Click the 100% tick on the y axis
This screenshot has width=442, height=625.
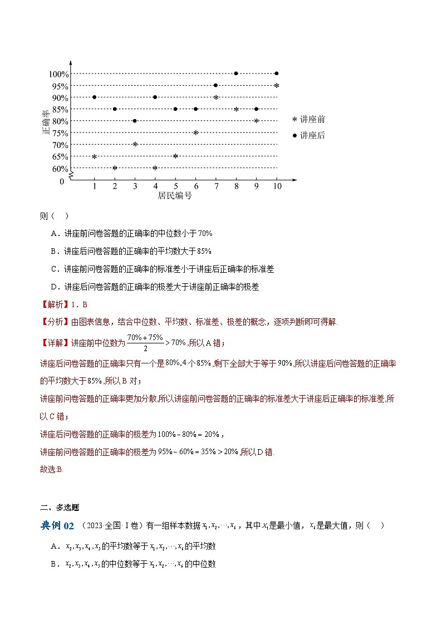click(x=58, y=74)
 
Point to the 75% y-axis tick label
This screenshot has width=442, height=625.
click(x=60, y=133)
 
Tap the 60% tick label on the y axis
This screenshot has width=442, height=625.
click(x=60, y=169)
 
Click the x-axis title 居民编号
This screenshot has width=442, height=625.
click(x=175, y=195)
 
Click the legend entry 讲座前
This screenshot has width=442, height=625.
click(x=309, y=119)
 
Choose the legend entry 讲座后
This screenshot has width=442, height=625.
click(x=309, y=135)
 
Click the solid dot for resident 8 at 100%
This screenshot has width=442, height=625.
click(x=236, y=73)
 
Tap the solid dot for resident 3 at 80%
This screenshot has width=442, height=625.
click(x=135, y=121)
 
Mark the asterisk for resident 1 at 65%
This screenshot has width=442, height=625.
click(x=94, y=156)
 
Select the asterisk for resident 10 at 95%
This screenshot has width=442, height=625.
click(x=276, y=86)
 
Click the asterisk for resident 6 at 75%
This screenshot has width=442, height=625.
click(x=195, y=132)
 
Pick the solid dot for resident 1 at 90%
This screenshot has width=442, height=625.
click(x=94, y=97)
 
